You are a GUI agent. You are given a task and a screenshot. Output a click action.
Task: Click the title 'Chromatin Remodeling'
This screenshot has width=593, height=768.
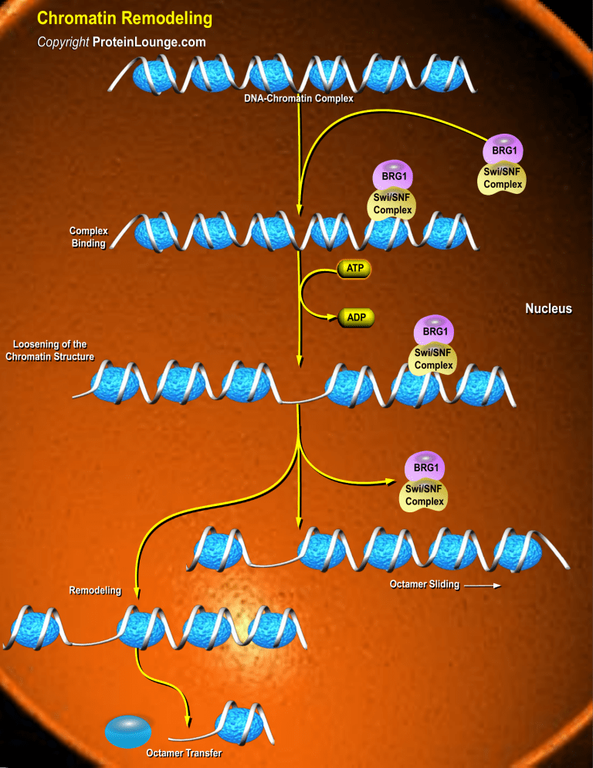[124, 17]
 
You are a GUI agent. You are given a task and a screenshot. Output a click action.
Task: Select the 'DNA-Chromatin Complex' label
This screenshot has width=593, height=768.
[298, 99]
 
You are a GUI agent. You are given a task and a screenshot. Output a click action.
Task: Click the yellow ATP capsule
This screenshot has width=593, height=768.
[354, 269]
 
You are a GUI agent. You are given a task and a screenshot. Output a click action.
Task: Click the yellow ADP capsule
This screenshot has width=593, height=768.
[356, 317]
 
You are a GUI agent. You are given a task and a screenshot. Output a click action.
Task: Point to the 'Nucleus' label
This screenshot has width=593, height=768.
[548, 309]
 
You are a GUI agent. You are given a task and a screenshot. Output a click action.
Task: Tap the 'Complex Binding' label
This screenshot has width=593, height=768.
[87, 237]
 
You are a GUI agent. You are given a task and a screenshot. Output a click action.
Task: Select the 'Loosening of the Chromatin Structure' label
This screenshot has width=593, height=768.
[49, 350]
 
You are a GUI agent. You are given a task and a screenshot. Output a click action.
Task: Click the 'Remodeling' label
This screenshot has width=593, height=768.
[95, 591]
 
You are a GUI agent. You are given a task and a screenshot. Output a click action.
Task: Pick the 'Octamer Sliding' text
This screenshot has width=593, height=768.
[424, 585]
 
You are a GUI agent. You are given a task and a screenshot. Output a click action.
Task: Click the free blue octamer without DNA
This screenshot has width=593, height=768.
[128, 730]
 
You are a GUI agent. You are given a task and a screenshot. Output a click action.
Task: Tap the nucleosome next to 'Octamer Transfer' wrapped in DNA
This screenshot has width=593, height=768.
[241, 722]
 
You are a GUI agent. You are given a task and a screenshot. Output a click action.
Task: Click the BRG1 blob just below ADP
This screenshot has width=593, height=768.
[435, 330]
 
